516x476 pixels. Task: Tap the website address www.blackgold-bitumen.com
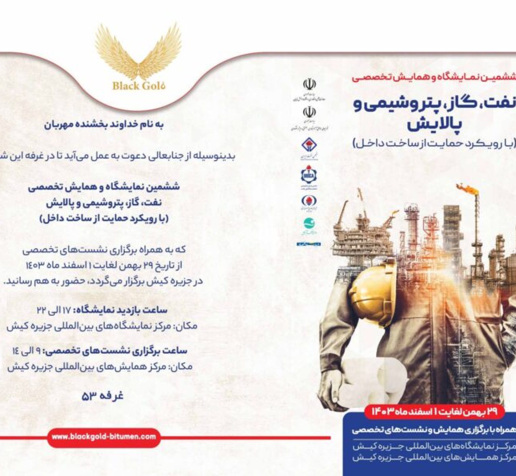tap(104, 436)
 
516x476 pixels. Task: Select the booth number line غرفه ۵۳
tap(102, 395)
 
